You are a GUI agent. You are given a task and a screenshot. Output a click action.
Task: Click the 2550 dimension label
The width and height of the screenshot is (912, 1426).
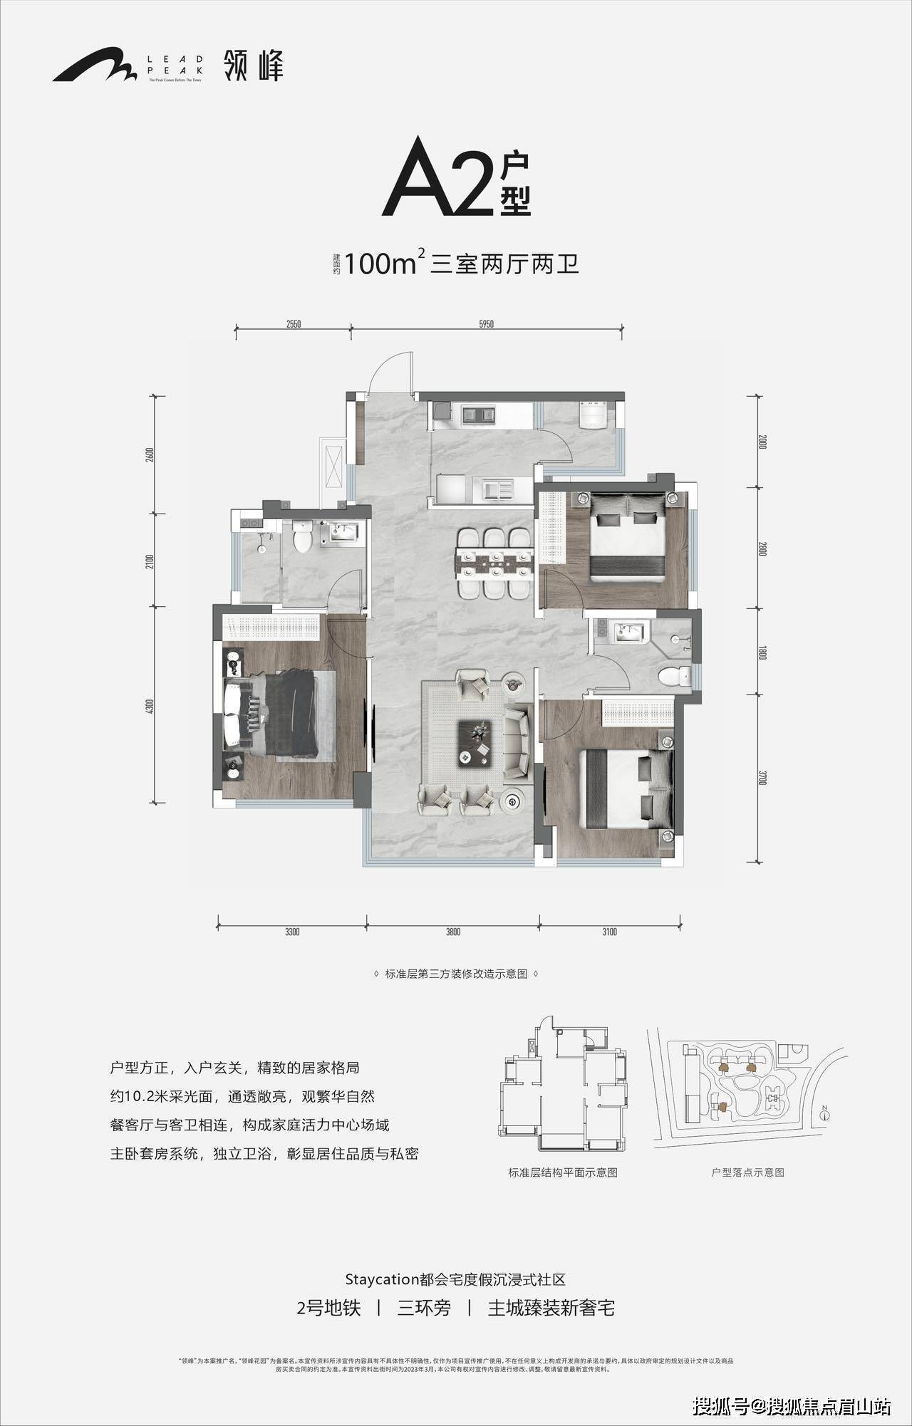point(294,324)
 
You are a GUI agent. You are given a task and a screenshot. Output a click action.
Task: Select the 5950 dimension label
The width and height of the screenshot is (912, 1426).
point(487,324)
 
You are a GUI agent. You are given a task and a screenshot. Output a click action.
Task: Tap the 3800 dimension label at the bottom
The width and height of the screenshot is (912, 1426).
point(453,932)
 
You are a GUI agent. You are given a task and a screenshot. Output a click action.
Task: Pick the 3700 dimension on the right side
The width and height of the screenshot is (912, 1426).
point(762,777)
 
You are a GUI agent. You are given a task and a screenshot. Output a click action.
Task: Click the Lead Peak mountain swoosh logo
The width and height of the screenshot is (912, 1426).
point(93,65)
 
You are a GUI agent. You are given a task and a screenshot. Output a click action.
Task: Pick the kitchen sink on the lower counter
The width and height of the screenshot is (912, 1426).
point(498,489)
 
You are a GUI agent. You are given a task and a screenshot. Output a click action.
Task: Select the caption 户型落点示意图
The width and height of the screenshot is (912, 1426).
point(747,1172)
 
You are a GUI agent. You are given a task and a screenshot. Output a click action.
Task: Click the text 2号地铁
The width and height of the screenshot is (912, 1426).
point(328,1308)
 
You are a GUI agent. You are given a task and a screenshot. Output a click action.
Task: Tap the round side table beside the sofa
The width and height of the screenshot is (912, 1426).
point(512,801)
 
